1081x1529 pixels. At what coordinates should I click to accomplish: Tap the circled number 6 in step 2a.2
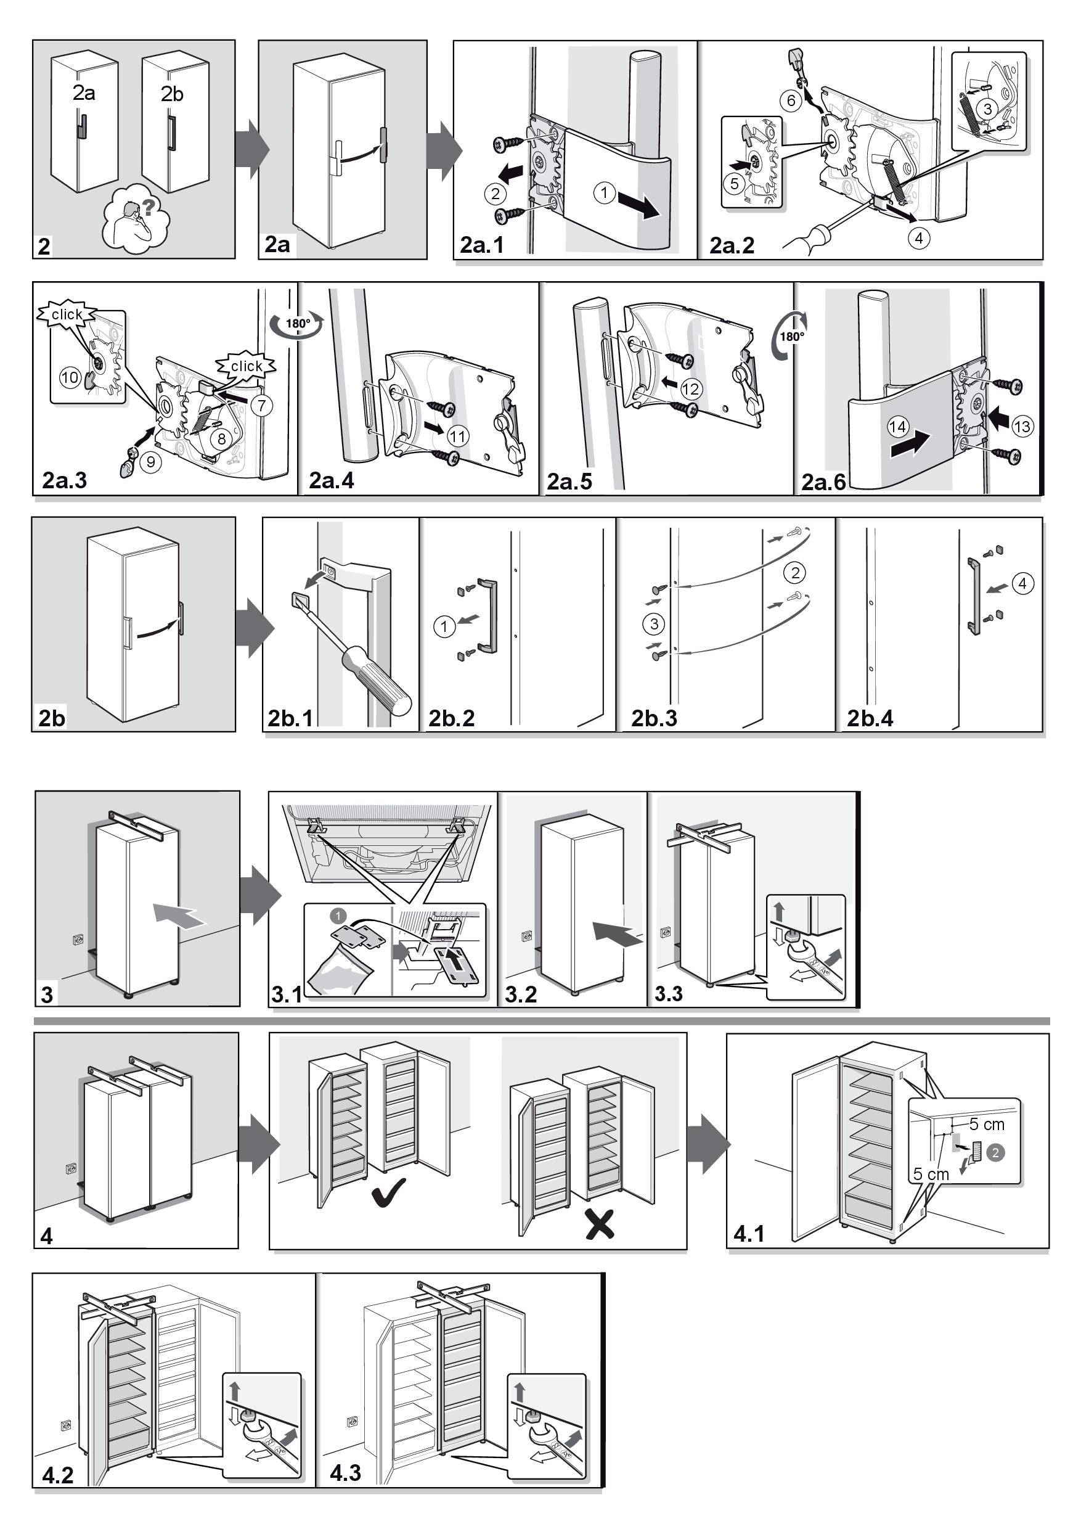click(791, 100)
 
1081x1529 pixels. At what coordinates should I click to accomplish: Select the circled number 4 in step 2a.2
click(918, 238)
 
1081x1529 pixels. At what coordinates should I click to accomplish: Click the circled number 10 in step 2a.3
click(70, 377)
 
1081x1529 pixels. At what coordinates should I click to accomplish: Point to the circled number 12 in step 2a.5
click(691, 388)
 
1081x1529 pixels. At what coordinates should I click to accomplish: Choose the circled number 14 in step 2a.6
click(897, 426)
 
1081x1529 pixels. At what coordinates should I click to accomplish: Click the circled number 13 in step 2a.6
click(1022, 425)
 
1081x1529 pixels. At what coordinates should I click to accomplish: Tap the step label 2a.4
click(332, 480)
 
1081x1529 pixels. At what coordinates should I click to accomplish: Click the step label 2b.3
click(654, 718)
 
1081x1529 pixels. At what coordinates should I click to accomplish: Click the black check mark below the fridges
click(390, 1193)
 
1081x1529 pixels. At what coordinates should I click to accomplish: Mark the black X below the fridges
click(600, 1223)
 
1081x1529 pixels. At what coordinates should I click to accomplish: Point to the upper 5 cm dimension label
click(987, 1124)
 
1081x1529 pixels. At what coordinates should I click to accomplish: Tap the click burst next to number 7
click(247, 365)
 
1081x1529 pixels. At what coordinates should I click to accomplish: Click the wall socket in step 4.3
click(352, 1422)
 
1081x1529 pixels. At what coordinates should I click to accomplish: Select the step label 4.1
click(749, 1233)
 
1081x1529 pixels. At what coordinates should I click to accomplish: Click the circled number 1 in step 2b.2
click(444, 626)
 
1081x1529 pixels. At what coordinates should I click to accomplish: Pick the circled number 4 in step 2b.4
click(1022, 583)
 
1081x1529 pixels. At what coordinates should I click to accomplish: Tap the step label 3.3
click(668, 994)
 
